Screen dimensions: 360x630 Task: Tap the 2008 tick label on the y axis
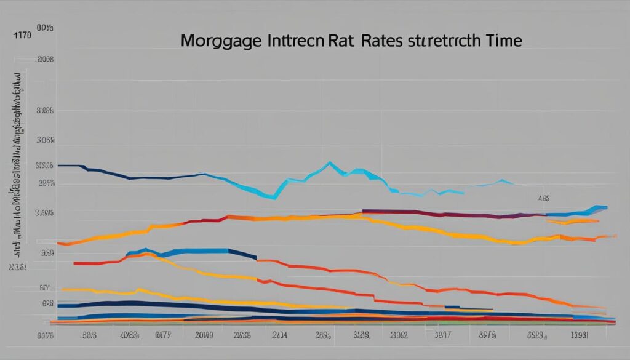tap(46, 60)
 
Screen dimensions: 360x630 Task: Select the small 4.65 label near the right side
tap(543, 199)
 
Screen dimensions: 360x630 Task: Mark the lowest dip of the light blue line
tap(274, 198)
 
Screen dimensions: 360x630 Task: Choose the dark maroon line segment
tap(431, 214)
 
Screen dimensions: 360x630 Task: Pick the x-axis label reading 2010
tap(203, 335)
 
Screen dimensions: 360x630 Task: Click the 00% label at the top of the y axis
tap(44, 28)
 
